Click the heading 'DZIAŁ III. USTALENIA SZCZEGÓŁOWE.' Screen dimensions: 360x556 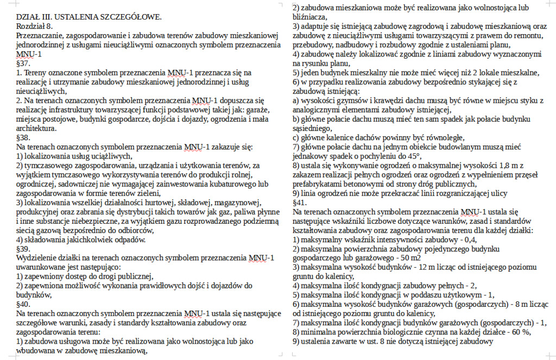[89, 17]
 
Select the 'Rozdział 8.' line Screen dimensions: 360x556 [35, 26]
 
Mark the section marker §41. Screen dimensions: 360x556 [300, 202]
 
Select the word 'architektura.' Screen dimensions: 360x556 [36, 129]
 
